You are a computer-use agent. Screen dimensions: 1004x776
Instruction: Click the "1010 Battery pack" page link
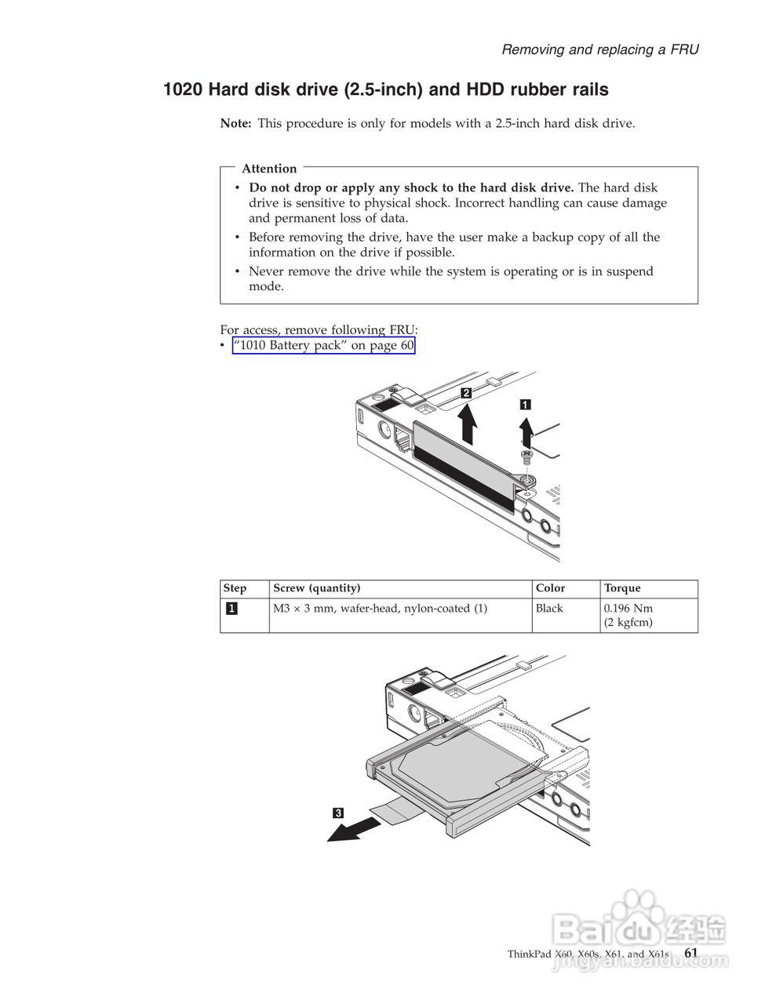pyautogui.click(x=323, y=346)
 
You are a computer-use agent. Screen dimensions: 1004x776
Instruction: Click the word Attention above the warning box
pyautogui.click(x=269, y=169)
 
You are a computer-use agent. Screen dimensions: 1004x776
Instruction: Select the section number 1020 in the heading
pyautogui.click(x=182, y=90)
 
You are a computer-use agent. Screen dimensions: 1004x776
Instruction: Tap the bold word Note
pyautogui.click(x=235, y=123)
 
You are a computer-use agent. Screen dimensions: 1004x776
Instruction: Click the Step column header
pyautogui.click(x=235, y=588)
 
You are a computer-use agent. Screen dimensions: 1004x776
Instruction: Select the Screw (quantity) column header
pyautogui.click(x=317, y=588)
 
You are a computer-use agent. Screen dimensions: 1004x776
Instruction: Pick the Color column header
pyautogui.click(x=550, y=588)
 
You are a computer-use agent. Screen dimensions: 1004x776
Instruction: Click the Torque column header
pyautogui.click(x=622, y=588)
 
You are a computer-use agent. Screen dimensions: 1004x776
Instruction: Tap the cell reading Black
pyautogui.click(x=549, y=609)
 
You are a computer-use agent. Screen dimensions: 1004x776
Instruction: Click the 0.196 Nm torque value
pyautogui.click(x=628, y=609)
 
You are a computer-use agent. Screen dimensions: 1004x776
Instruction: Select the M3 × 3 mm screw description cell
pyautogui.click(x=380, y=609)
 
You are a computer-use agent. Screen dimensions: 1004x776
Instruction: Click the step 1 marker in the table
pyautogui.click(x=232, y=609)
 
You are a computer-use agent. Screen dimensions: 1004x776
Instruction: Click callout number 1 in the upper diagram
pyautogui.click(x=525, y=405)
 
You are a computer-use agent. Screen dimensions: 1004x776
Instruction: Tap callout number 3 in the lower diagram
pyautogui.click(x=337, y=813)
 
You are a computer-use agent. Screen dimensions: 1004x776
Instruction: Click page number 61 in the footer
pyautogui.click(x=690, y=952)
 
